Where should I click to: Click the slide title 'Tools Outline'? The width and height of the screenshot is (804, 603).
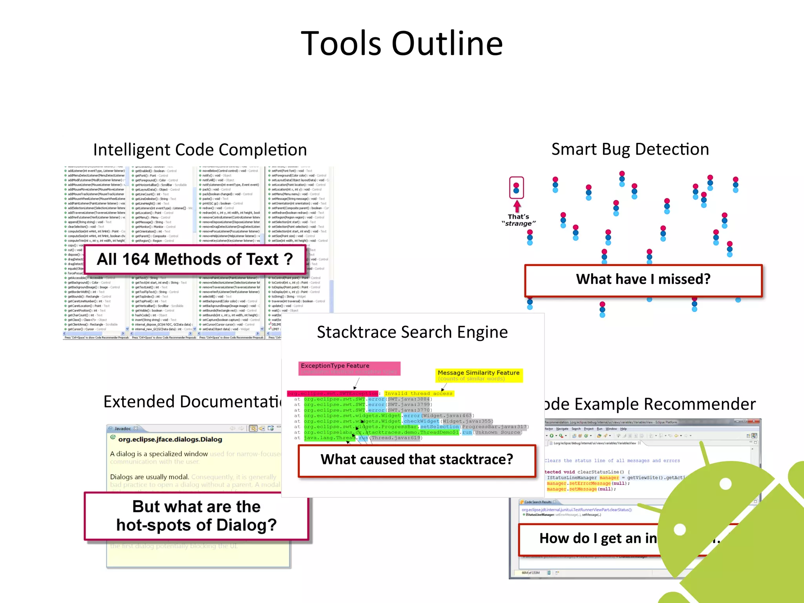(x=402, y=43)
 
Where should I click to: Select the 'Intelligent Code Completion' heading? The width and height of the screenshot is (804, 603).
(x=200, y=150)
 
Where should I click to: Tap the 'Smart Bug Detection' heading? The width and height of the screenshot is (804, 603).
(x=630, y=150)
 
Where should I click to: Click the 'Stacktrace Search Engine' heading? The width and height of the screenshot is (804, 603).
(x=412, y=333)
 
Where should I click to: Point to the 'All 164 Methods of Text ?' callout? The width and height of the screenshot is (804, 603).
(x=195, y=259)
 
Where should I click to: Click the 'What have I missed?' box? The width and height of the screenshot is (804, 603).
(x=643, y=280)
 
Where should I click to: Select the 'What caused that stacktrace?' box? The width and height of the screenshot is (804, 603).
(x=417, y=460)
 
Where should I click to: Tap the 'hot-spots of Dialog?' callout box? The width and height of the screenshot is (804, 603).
(x=196, y=516)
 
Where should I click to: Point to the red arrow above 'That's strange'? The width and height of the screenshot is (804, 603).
(x=517, y=206)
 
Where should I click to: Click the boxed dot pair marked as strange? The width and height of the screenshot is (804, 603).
(x=516, y=188)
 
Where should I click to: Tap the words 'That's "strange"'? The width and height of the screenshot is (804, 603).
(x=518, y=220)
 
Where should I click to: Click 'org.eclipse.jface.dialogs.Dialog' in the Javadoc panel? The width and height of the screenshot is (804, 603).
(x=170, y=440)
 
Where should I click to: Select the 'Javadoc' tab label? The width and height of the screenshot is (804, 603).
(x=122, y=428)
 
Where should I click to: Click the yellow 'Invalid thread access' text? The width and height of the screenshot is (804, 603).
(x=418, y=393)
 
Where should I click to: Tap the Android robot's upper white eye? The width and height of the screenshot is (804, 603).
(x=725, y=484)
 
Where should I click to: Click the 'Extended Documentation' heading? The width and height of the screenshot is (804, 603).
(x=192, y=402)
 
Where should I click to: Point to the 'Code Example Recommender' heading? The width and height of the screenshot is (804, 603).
(x=650, y=404)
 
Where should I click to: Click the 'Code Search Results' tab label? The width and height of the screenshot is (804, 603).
(x=537, y=502)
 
